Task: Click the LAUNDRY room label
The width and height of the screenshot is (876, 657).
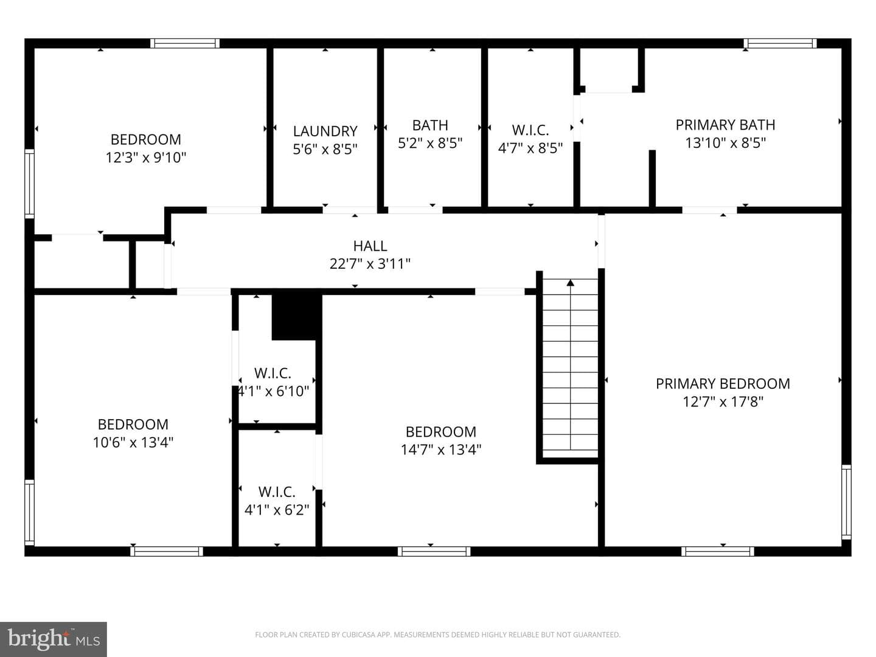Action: click(x=325, y=131)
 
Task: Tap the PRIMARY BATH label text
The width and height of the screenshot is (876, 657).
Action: click(x=725, y=125)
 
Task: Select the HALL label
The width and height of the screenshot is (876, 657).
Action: click(x=370, y=246)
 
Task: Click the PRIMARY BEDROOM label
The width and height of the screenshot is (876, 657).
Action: click(x=723, y=383)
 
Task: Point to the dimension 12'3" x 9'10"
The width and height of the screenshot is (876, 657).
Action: click(x=145, y=158)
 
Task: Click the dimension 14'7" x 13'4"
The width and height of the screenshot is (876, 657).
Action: click(x=440, y=450)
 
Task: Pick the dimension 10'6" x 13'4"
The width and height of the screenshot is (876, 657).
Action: click(x=133, y=442)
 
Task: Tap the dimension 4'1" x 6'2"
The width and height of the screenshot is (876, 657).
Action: click(x=277, y=509)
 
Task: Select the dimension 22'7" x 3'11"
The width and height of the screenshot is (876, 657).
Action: click(x=370, y=263)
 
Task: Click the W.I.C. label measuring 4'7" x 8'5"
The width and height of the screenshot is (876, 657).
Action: click(x=530, y=130)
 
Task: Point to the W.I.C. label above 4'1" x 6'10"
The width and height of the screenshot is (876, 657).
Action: click(x=273, y=373)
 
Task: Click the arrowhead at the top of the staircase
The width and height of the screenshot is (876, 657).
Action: click(x=570, y=283)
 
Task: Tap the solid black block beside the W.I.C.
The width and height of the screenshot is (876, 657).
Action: click(x=296, y=316)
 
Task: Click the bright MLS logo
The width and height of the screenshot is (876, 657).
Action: click(x=54, y=639)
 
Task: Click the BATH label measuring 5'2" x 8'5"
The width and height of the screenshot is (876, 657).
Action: click(x=430, y=125)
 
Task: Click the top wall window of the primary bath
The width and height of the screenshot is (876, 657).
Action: click(x=780, y=43)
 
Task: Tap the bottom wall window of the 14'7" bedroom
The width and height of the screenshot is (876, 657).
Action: click(x=434, y=551)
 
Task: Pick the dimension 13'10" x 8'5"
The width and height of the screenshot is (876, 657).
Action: click(x=725, y=142)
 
